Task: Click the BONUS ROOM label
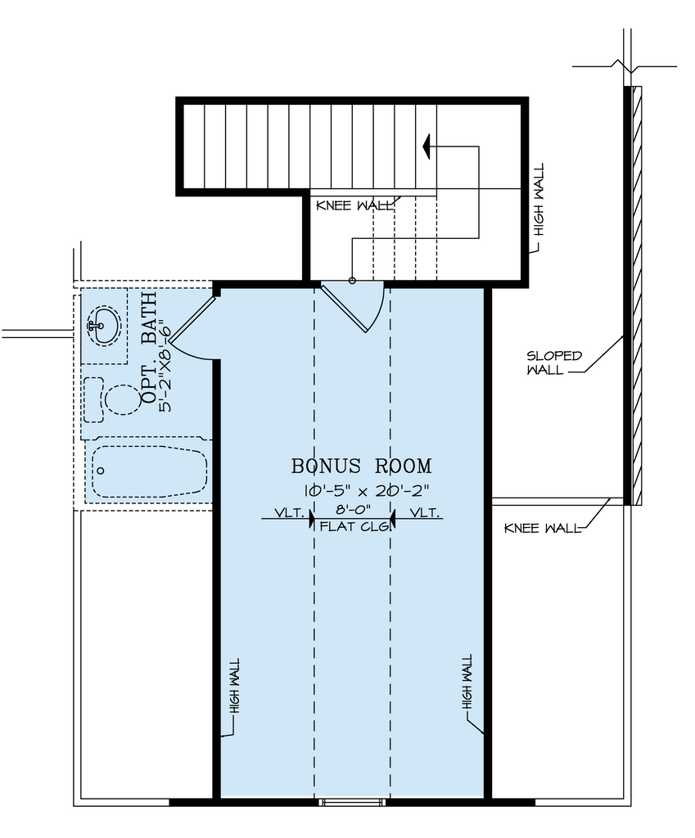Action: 361,466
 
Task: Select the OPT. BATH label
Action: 150,348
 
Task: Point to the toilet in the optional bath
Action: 120,399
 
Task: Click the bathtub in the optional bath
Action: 148,471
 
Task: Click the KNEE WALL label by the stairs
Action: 354,205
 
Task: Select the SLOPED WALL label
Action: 554,363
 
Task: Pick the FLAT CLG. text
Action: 352,526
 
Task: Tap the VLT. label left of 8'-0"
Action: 288,513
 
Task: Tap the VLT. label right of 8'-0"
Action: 425,513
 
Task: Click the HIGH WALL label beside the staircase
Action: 538,200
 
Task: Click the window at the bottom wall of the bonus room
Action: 352,802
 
